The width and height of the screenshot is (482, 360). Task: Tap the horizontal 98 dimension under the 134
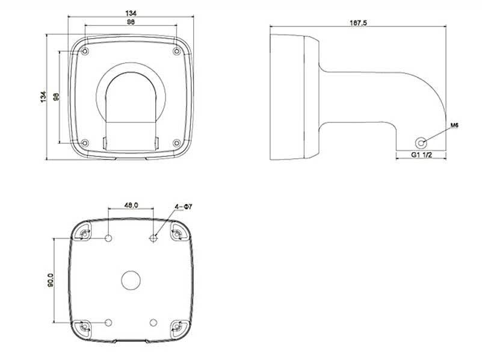click(x=131, y=22)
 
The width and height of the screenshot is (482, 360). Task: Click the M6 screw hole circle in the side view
click(x=421, y=143)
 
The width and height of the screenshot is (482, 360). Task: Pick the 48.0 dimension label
click(x=131, y=205)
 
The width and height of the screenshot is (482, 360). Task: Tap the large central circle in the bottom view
click(x=131, y=280)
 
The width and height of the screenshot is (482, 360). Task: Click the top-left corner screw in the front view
click(x=85, y=51)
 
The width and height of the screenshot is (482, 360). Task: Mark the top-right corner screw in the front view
click(x=177, y=51)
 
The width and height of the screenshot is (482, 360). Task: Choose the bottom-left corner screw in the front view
click(x=85, y=143)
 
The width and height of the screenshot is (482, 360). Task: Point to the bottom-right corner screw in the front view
click(x=177, y=143)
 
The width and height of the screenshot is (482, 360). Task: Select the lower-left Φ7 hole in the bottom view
click(x=108, y=322)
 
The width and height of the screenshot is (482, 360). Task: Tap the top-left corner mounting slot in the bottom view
click(x=84, y=235)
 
